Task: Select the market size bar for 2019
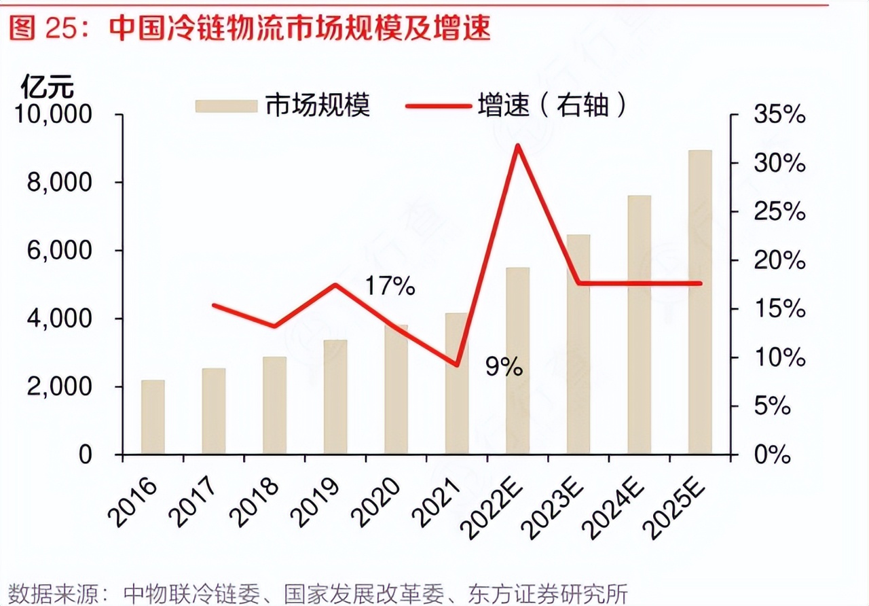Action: (x=335, y=397)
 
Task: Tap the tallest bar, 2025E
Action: (x=700, y=302)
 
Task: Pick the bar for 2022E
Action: (x=517, y=360)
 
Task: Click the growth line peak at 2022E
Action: (x=518, y=145)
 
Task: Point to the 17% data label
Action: (x=390, y=287)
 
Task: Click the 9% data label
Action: (x=504, y=368)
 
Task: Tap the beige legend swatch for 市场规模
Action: (x=226, y=106)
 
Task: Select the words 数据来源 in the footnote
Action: (x=50, y=592)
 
